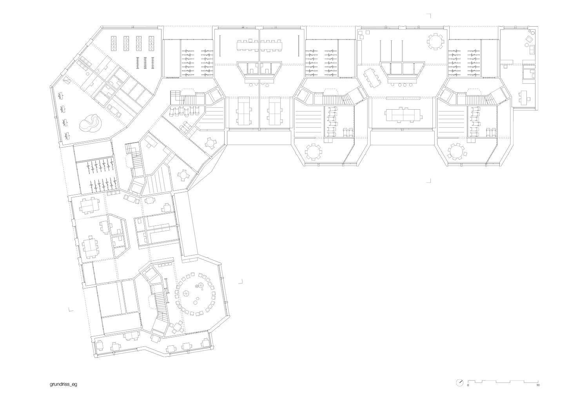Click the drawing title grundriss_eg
click(x=63, y=384)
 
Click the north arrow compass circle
click(x=460, y=383)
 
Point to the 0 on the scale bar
click(x=468, y=385)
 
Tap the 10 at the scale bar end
click(x=538, y=385)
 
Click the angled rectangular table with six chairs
click(x=371, y=78)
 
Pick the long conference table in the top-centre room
click(x=260, y=46)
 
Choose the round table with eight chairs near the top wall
click(x=436, y=41)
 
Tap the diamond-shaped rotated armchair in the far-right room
click(x=528, y=39)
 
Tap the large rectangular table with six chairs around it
click(x=404, y=115)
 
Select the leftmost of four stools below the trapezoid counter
click(x=394, y=85)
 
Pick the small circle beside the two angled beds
click(x=88, y=74)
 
